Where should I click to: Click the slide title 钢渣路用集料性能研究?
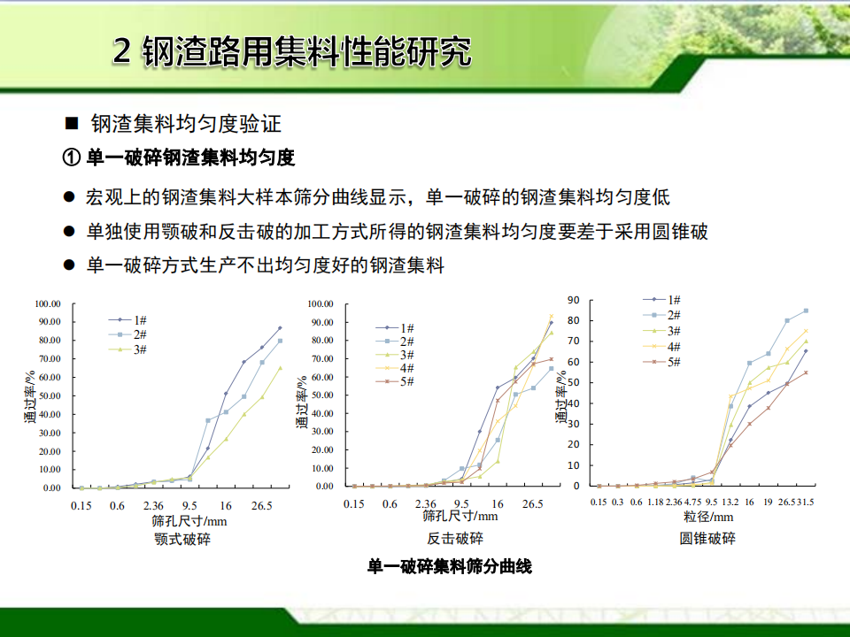coord(307,52)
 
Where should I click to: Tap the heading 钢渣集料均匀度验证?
coord(186,124)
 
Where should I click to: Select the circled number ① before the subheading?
coord(72,157)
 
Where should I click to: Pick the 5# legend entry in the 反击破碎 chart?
coord(395,381)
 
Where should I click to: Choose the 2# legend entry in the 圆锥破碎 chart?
coord(662,315)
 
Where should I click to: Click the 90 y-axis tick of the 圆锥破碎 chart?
coord(574,300)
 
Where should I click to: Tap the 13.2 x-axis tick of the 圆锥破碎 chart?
coord(730,503)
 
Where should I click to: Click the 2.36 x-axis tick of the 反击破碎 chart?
coord(426,504)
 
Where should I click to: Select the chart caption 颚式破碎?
coord(182,540)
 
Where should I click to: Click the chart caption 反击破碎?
coord(455,539)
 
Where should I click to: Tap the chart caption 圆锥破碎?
coord(707,539)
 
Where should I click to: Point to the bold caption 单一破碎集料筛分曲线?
coord(450,566)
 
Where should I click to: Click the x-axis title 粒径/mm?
coord(708,517)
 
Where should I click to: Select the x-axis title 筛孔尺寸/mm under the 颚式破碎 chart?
coord(189,521)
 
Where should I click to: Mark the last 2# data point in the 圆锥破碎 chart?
coord(806,311)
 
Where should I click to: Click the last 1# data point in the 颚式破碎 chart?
coord(281,327)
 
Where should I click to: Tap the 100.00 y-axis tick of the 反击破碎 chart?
coord(321,303)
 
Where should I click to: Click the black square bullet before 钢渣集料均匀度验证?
coord(72,124)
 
